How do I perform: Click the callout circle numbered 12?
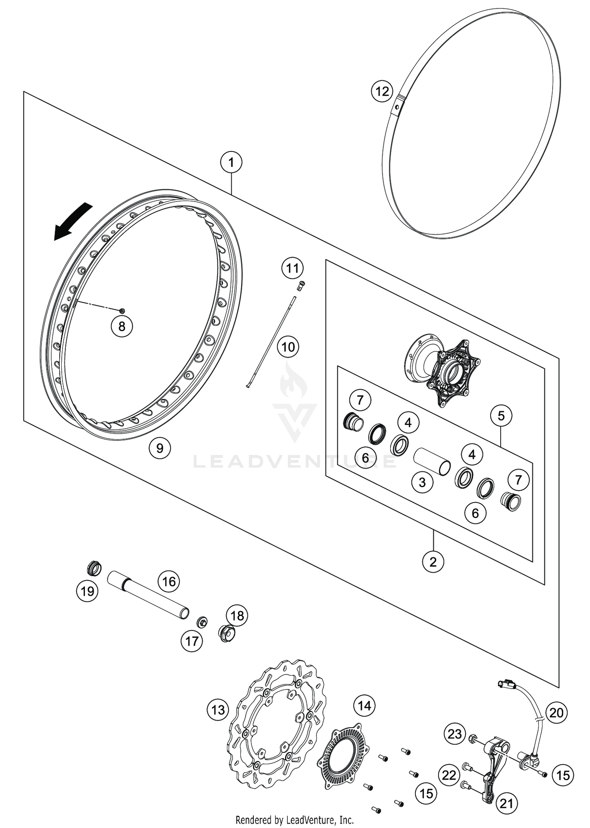point(382,92)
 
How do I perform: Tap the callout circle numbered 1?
point(231,162)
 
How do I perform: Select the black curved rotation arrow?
point(73,222)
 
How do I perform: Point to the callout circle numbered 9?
point(160,448)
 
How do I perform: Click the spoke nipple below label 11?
point(301,285)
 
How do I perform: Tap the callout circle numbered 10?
point(288,347)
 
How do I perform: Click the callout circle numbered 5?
point(501,416)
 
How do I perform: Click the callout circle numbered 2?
point(433,562)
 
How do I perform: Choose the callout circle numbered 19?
point(87,591)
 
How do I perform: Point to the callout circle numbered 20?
point(556,713)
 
